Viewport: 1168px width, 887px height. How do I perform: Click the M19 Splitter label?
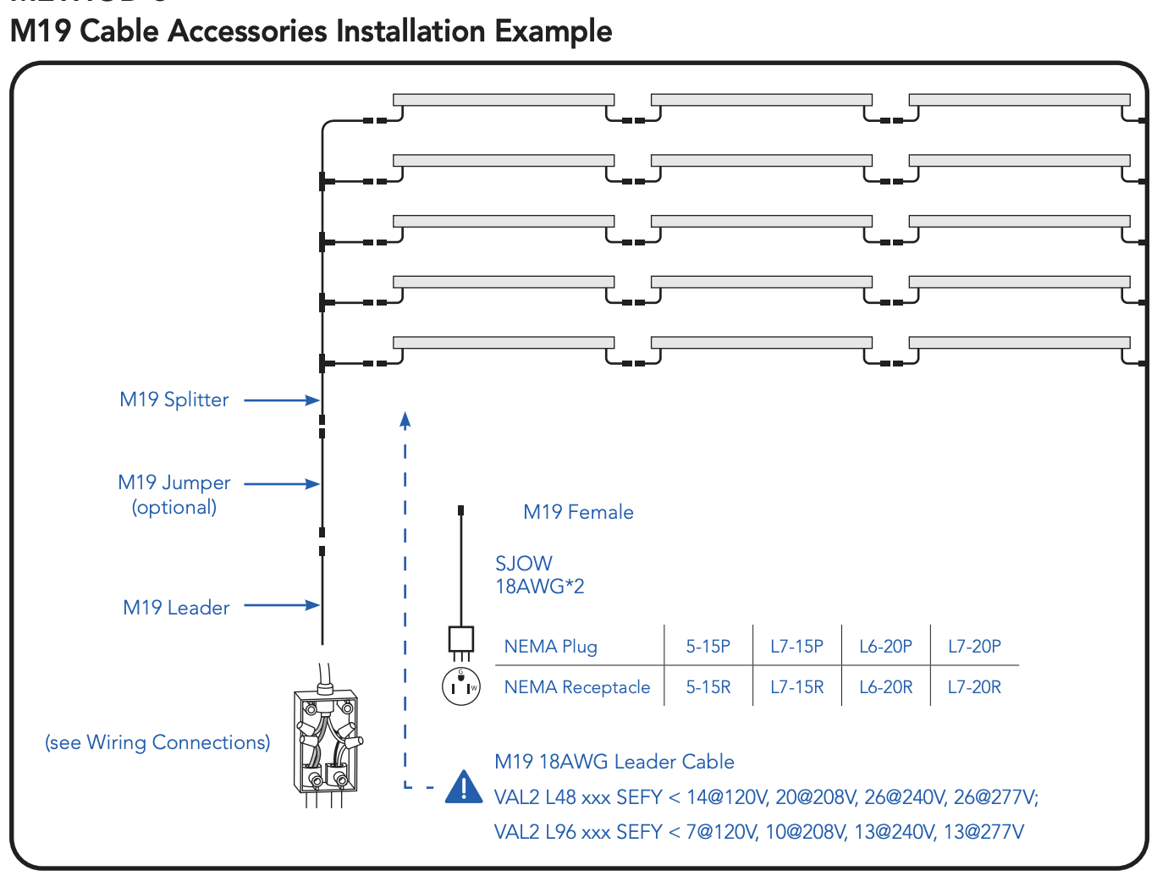[x=174, y=399]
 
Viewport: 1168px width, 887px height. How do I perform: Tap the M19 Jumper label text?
[x=174, y=482]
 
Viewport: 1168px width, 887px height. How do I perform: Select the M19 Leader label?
[x=176, y=608]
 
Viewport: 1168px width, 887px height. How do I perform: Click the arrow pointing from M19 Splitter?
[x=281, y=400]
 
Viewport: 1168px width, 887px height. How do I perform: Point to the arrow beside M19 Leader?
[x=281, y=605]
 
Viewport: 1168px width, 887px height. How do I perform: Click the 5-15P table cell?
[x=708, y=647]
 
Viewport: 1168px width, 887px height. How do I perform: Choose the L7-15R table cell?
[x=796, y=687]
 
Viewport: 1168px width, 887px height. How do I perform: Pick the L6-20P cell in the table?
[x=885, y=647]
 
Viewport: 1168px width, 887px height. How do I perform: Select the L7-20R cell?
[x=974, y=687]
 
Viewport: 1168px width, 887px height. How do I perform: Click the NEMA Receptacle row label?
[x=577, y=687]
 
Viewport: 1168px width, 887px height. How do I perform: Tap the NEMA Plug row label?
[x=551, y=647]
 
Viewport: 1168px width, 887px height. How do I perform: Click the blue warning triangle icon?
[x=464, y=787]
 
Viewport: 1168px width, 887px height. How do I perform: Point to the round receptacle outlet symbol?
[x=461, y=686]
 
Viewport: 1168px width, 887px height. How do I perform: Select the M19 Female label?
[x=578, y=512]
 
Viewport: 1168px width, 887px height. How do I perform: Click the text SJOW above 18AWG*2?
[x=524, y=564]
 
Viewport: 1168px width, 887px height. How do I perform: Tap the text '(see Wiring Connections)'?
[x=157, y=742]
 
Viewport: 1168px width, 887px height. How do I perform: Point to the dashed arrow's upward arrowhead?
[x=405, y=419]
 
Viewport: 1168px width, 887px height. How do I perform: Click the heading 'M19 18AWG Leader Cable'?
[x=614, y=762]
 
